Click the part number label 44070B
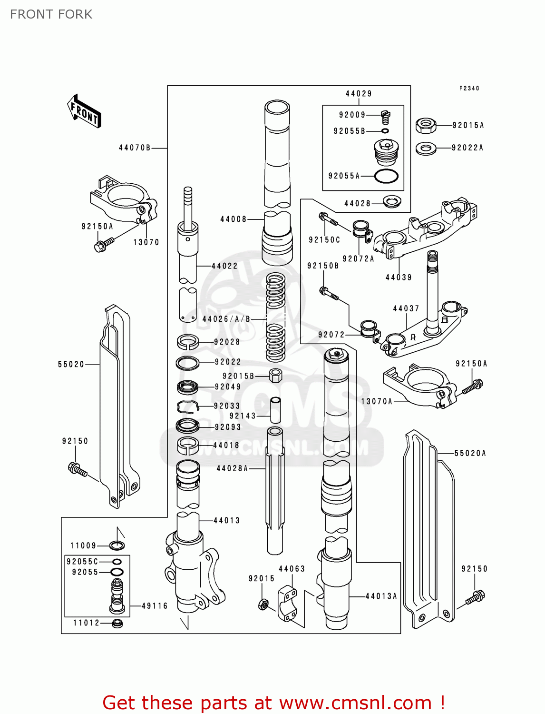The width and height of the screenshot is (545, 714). click(135, 148)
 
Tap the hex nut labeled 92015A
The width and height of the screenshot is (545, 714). click(426, 126)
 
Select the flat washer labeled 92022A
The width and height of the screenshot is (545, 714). click(426, 148)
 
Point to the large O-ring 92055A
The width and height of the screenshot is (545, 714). click(386, 176)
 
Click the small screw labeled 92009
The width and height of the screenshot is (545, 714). click(386, 116)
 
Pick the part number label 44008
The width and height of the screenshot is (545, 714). click(233, 219)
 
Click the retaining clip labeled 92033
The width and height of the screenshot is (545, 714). click(187, 407)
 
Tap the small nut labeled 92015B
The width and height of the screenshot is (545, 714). click(275, 375)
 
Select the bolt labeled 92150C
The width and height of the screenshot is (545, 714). click(329, 220)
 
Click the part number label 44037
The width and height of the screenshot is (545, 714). click(406, 309)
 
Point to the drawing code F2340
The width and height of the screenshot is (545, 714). click(469, 89)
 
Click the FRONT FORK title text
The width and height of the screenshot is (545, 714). click(51, 14)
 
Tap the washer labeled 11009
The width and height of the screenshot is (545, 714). click(117, 545)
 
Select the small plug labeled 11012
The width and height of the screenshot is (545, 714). click(117, 623)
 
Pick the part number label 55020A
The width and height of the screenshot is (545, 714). click(470, 454)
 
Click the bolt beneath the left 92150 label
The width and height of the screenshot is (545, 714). click(78, 469)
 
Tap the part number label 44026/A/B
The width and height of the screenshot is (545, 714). click(226, 319)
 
